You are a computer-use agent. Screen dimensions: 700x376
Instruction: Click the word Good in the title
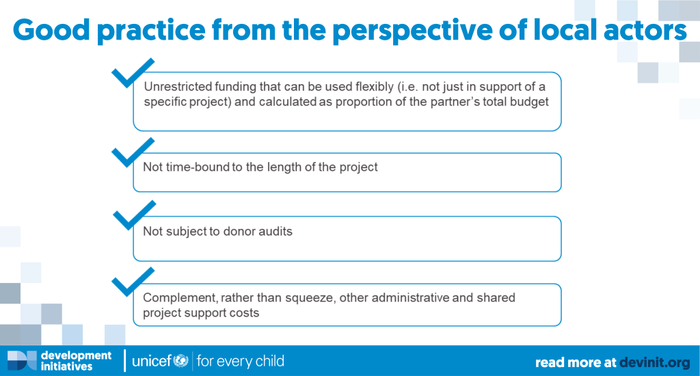(51, 29)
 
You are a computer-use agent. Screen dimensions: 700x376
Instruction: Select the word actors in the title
(645, 30)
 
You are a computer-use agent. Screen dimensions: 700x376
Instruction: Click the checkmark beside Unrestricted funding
(133, 72)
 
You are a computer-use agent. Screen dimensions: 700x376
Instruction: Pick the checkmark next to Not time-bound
(133, 152)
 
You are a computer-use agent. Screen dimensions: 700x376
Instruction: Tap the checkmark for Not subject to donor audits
(135, 215)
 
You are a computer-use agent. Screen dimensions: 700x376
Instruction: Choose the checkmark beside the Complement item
(133, 282)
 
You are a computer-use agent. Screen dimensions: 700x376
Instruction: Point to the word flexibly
(374, 87)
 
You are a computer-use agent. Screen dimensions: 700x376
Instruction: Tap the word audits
(275, 231)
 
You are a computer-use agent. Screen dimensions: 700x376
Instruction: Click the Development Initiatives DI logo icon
(23, 360)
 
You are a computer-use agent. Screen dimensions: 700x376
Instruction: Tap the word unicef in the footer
(152, 361)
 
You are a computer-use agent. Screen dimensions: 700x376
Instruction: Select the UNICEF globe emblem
(180, 360)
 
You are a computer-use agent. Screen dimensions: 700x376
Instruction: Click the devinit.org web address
(654, 362)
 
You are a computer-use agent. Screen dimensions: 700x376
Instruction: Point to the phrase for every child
(240, 361)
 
